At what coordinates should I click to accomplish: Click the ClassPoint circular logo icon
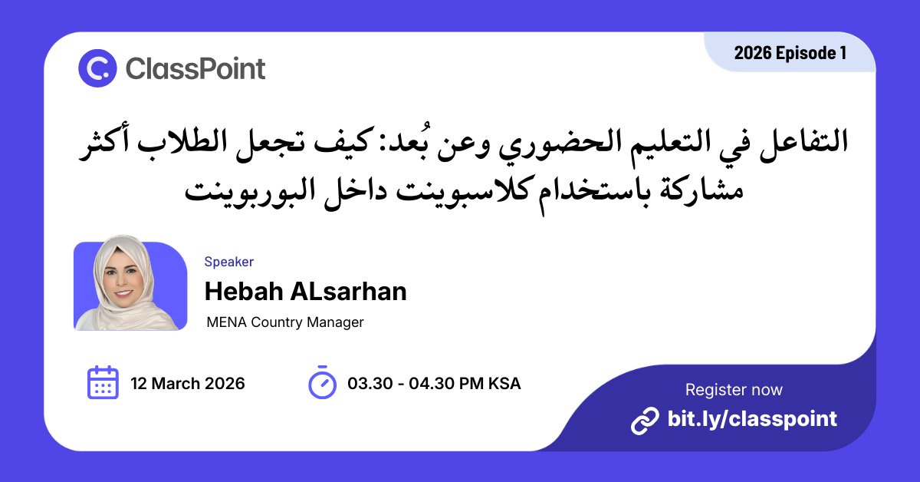point(97,68)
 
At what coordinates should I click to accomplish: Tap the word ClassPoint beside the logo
point(195,69)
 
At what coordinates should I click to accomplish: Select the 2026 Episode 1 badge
point(790,53)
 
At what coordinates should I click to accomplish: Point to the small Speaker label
point(228,262)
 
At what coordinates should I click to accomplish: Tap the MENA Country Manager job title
point(285,322)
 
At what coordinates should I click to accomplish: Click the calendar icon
point(103,382)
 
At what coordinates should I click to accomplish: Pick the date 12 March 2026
point(188,383)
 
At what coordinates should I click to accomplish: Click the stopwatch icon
point(322,382)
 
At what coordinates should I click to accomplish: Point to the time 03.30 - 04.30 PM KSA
point(434,383)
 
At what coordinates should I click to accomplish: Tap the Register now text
point(734,389)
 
